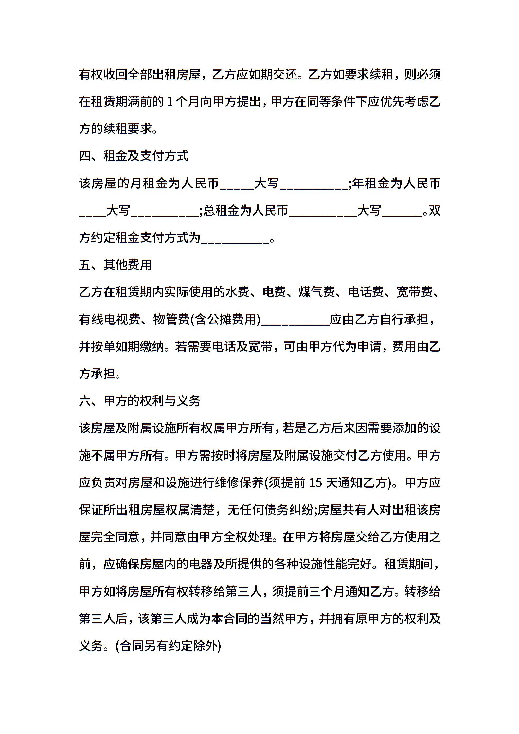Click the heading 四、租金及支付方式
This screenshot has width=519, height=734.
pos(134,156)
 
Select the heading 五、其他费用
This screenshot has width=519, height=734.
pos(115,265)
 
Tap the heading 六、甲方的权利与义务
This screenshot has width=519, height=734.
pos(140,401)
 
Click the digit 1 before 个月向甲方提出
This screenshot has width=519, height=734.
pos(170,102)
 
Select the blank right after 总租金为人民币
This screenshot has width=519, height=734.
pos(323,211)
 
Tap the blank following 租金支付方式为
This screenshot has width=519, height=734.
pos(235,238)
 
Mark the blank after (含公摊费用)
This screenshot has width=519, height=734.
pos(295,320)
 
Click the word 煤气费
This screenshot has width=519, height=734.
pos(317,292)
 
